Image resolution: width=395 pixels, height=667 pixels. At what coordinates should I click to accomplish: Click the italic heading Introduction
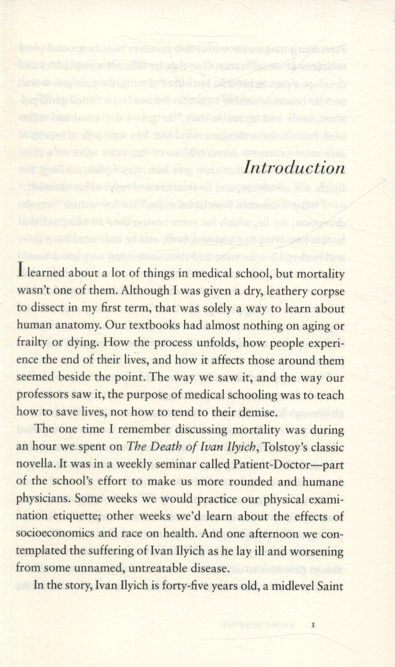pos(294,168)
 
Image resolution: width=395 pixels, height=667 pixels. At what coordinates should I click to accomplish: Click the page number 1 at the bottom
pos(314,626)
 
